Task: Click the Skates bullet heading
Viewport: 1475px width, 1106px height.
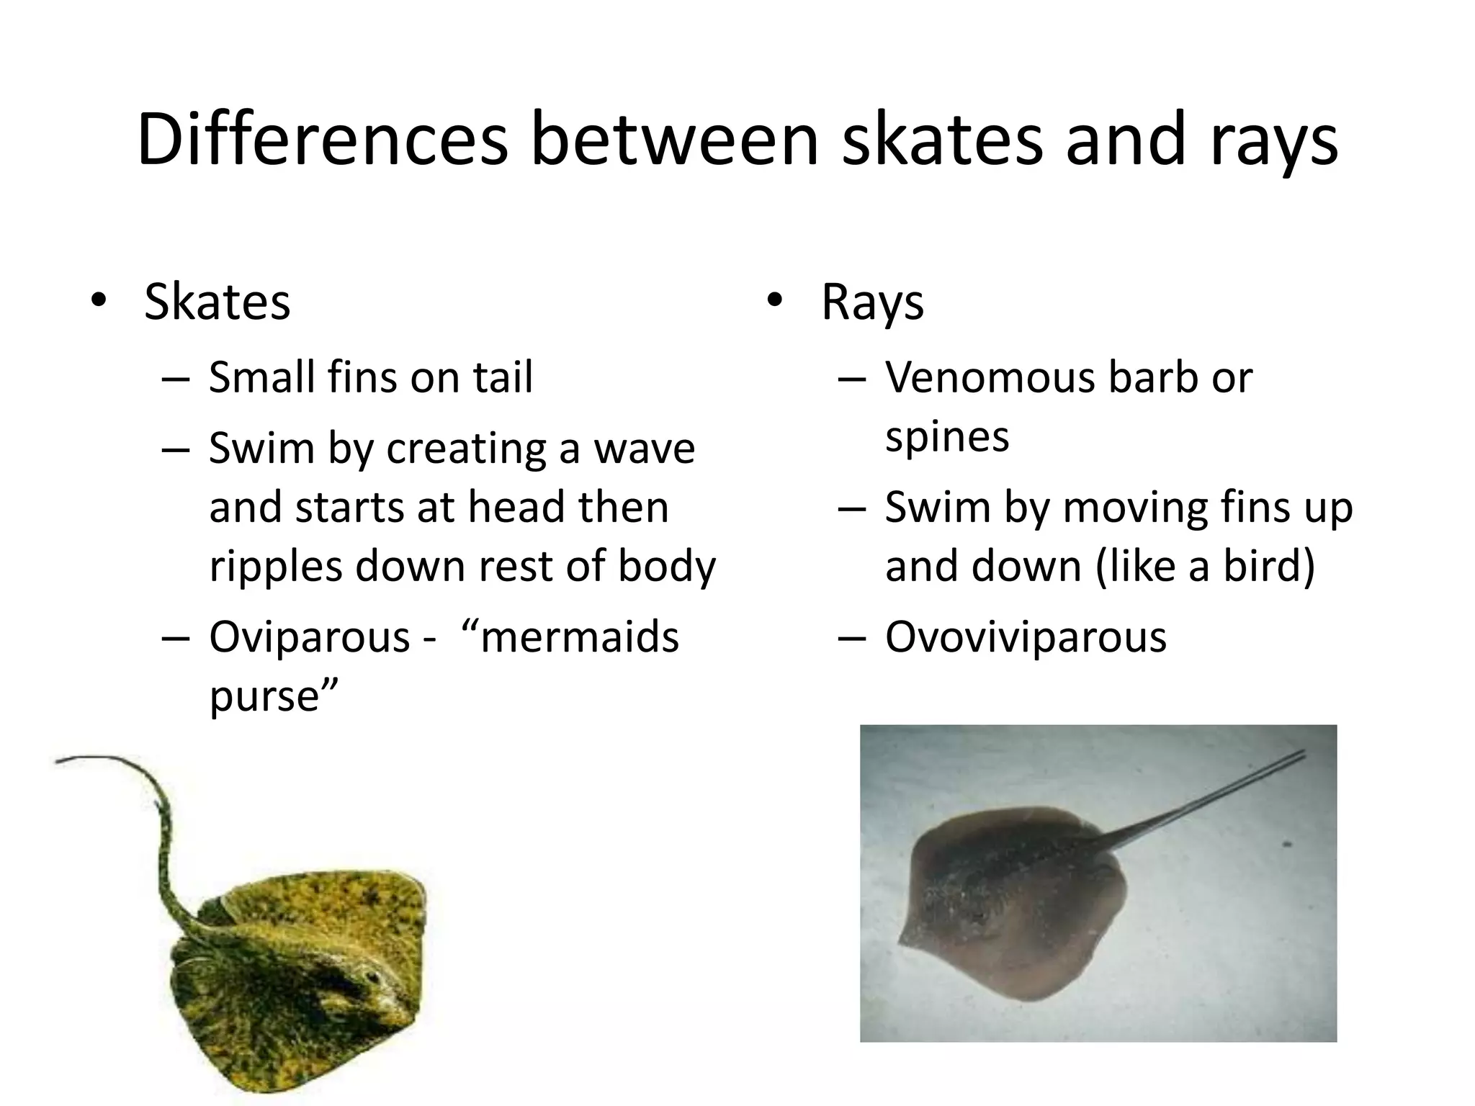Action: (x=217, y=302)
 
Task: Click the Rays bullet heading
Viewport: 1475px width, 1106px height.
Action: (x=872, y=303)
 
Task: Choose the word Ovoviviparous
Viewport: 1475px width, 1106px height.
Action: (x=1026, y=637)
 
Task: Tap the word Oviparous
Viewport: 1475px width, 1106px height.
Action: (x=309, y=637)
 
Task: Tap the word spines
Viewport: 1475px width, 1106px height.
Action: (x=947, y=436)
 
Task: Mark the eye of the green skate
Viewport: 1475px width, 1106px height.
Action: (x=373, y=977)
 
